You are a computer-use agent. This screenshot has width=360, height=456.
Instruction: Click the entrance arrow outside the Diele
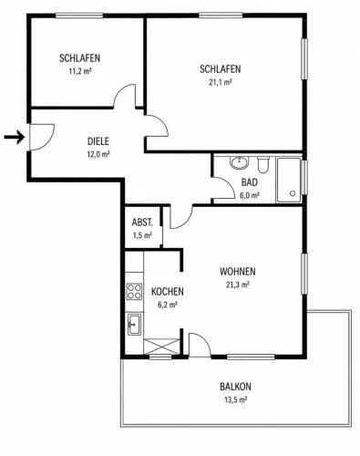[15, 137]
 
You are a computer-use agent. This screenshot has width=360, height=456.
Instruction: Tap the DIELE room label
[98, 141]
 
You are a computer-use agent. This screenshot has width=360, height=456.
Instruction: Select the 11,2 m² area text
[80, 71]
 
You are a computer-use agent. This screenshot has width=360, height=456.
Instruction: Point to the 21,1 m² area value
[221, 82]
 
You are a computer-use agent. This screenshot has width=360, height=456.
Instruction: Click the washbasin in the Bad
[239, 162]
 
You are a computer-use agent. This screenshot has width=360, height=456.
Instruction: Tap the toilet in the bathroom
[263, 164]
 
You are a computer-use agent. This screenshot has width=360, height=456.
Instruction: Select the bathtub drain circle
[293, 193]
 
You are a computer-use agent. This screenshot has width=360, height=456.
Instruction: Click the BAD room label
[250, 182]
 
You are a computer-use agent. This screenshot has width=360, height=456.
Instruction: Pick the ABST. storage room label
[142, 223]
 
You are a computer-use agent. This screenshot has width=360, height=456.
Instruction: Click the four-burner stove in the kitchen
[134, 292]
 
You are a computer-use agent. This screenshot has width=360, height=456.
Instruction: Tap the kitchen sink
[134, 325]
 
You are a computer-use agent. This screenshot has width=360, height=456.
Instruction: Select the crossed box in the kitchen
[161, 347]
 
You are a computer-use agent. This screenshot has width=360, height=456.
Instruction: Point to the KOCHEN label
[168, 292]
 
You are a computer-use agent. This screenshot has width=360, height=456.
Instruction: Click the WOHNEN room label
[238, 272]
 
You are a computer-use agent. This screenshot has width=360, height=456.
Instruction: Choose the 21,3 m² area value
[238, 285]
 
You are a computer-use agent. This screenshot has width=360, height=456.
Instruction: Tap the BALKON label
[235, 387]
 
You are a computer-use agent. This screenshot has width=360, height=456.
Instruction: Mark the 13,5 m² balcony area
[235, 399]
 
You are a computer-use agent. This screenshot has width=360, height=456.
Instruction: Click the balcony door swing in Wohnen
[200, 345]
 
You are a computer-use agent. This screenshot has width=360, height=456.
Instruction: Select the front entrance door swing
[42, 137]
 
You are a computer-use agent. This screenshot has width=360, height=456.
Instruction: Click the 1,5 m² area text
[142, 235]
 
